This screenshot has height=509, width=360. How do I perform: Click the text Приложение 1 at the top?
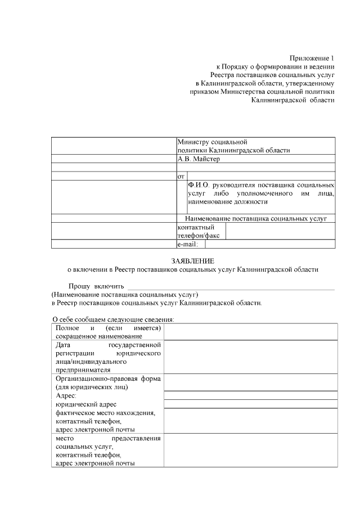312,58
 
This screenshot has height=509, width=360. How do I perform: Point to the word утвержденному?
308,83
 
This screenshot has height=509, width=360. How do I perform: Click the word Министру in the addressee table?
193,142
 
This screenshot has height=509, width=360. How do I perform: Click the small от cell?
181,176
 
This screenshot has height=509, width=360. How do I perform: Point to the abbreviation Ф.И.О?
199,184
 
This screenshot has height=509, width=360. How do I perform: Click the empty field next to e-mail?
270,244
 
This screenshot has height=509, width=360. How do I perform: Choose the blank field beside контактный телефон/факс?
281,231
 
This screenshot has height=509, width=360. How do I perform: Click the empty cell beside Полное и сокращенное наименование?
250,332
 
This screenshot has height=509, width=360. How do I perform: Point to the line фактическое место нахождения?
105,412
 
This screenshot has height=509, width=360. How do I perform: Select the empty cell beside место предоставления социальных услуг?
250,451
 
